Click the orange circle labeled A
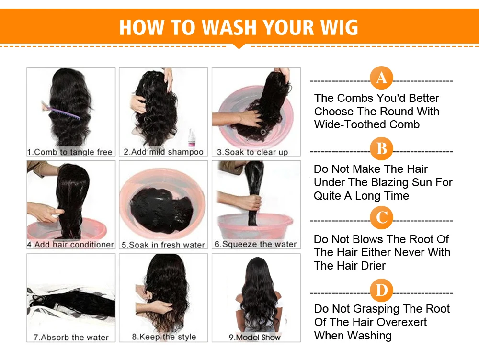pos(381,78)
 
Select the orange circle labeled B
pos(381,149)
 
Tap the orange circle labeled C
pos(381,218)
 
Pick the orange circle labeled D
pos(381,291)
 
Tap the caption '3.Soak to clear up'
pos(252,152)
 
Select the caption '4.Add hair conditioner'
pos(70,245)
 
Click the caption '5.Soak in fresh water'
pos(163,245)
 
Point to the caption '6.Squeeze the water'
pos(255,244)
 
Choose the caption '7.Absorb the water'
pos(71,337)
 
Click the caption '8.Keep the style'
pos(164,337)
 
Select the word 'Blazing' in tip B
pos(395,182)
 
